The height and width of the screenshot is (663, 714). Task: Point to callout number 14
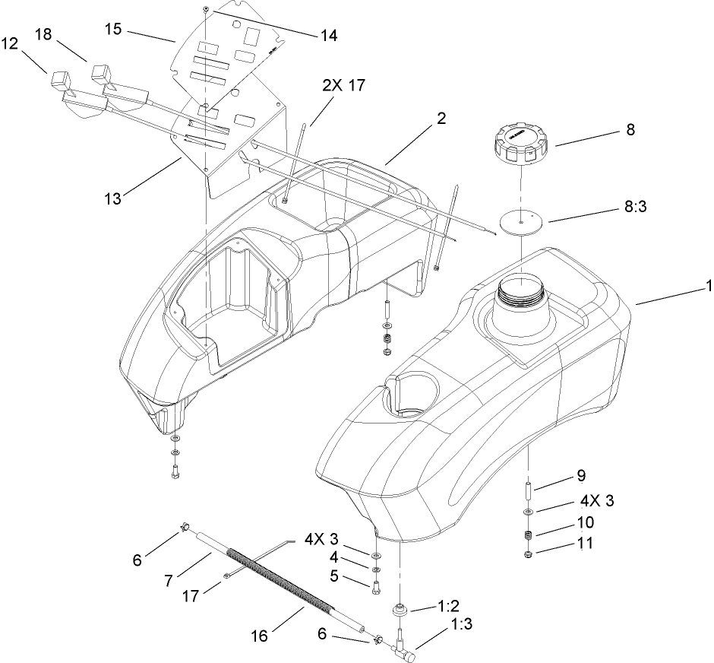coord(330,35)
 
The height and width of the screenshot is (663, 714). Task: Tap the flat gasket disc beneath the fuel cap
coord(520,221)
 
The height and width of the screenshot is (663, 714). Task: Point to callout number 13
coord(113,199)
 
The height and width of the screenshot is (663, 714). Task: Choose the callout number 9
coord(581,476)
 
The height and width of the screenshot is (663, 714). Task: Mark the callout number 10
coord(586,523)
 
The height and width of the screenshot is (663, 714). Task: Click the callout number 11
coord(585,544)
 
